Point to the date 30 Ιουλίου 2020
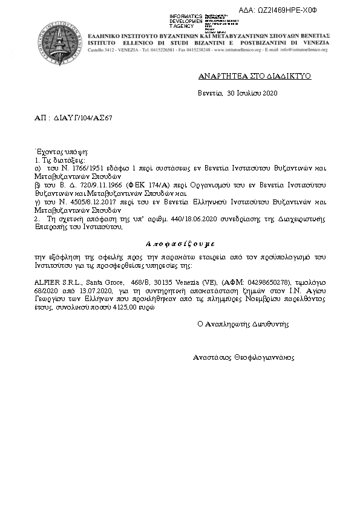point(252,94)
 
